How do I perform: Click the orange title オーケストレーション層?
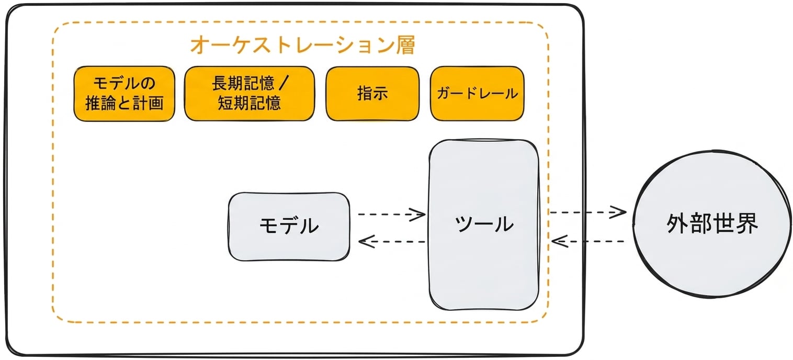click(303, 45)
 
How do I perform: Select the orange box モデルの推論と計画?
click(124, 94)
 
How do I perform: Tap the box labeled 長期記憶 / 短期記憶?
click(250, 94)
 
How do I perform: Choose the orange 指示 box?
click(372, 94)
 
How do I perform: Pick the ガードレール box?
click(477, 94)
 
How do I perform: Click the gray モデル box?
click(289, 227)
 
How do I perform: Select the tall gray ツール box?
click(484, 225)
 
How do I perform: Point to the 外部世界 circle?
click(712, 224)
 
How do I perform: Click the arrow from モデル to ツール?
click(392, 214)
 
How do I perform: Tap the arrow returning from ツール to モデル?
click(392, 242)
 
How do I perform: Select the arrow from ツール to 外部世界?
click(587, 212)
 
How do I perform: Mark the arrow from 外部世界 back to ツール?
click(587, 241)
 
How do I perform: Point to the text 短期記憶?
click(249, 104)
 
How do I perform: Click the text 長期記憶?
click(243, 84)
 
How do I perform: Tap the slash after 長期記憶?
click(284, 84)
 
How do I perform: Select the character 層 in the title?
click(405, 45)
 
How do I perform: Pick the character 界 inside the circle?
click(746, 224)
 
